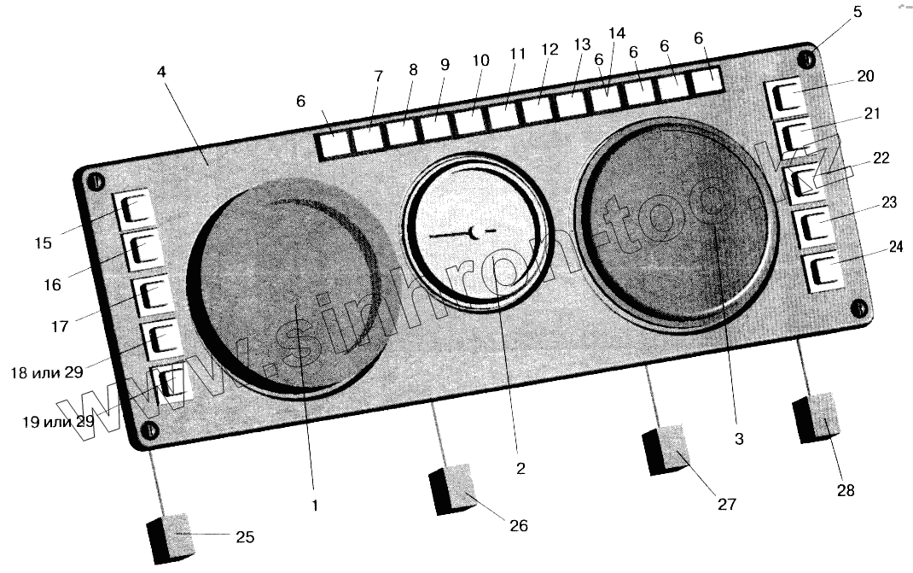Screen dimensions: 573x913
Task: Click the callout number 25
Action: click(x=244, y=537)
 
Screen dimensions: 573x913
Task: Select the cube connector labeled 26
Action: click(x=452, y=488)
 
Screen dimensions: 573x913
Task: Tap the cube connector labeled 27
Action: click(x=666, y=449)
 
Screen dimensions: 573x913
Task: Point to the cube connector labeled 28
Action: click(x=817, y=418)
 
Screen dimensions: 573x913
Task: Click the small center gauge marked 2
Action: click(x=473, y=231)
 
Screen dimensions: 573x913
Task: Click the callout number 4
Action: click(x=161, y=73)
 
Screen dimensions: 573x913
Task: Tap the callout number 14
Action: click(x=618, y=33)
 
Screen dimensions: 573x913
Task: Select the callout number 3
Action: click(x=739, y=439)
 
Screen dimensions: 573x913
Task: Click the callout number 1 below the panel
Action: click(x=314, y=506)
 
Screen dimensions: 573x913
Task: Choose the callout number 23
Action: click(x=889, y=203)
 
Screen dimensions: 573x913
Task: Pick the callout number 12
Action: click(x=550, y=50)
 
